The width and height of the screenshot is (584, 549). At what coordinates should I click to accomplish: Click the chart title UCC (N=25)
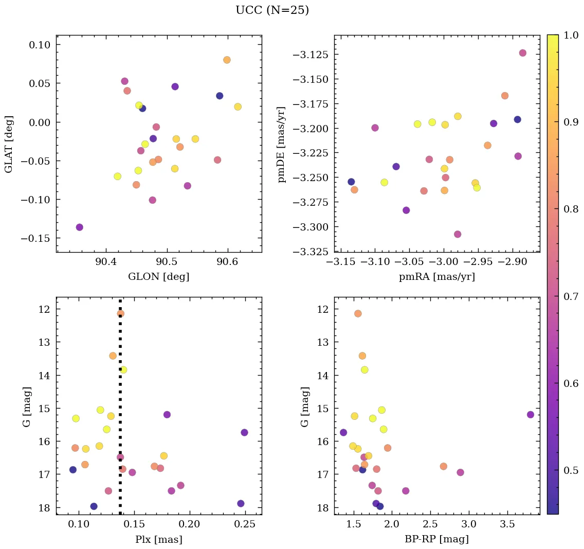(x=272, y=10)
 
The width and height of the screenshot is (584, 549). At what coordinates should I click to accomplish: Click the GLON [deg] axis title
(x=158, y=277)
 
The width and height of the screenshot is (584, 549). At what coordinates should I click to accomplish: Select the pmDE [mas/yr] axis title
(x=282, y=144)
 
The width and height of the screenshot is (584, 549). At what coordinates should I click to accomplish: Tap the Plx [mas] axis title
(x=158, y=539)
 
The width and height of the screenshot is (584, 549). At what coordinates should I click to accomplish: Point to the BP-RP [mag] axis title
(x=436, y=539)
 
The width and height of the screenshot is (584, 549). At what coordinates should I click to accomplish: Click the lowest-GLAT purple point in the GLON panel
(x=79, y=227)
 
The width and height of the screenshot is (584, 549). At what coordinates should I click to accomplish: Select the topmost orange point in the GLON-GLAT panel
(x=227, y=60)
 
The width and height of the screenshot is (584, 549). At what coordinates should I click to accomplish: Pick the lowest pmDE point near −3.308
(x=458, y=234)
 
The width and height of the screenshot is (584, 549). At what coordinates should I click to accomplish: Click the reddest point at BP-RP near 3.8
(x=531, y=415)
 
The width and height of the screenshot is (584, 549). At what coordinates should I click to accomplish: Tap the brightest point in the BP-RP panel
(x=358, y=313)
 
